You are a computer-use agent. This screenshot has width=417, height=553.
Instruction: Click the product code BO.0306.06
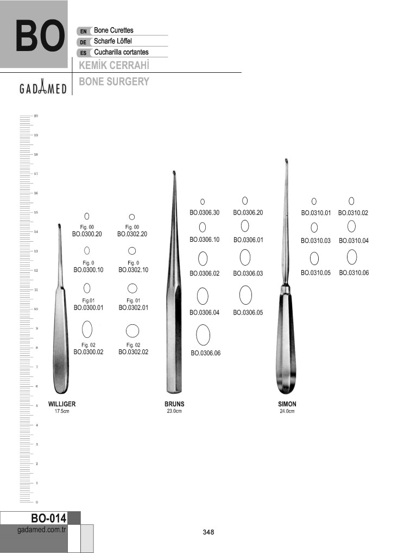pos(205,353)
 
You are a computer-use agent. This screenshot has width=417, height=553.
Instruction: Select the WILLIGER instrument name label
pos(62,404)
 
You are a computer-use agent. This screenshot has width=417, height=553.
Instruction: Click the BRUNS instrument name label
pos(174,404)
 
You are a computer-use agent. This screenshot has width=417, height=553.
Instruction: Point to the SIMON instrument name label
pos(287,404)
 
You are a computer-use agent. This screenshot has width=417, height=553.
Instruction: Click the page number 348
pos(208,532)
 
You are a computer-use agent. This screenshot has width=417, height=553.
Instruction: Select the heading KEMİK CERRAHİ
pos(114,65)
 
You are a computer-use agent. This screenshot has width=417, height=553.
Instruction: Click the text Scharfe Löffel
pos(113,41)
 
